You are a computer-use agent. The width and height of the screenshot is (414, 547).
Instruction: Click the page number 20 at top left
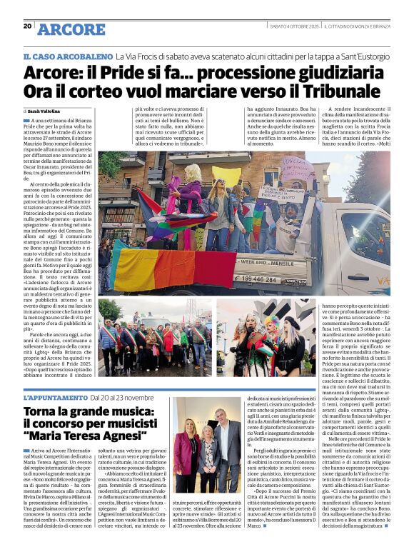coord(27,26)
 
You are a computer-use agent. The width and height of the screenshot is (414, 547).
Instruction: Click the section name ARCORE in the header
coord(71,29)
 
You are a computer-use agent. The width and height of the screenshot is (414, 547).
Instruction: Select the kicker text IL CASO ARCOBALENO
coord(68,55)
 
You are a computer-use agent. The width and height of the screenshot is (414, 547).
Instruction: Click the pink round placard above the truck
coord(298,171)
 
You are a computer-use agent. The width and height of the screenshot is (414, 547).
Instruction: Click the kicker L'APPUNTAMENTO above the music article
coord(55,396)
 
